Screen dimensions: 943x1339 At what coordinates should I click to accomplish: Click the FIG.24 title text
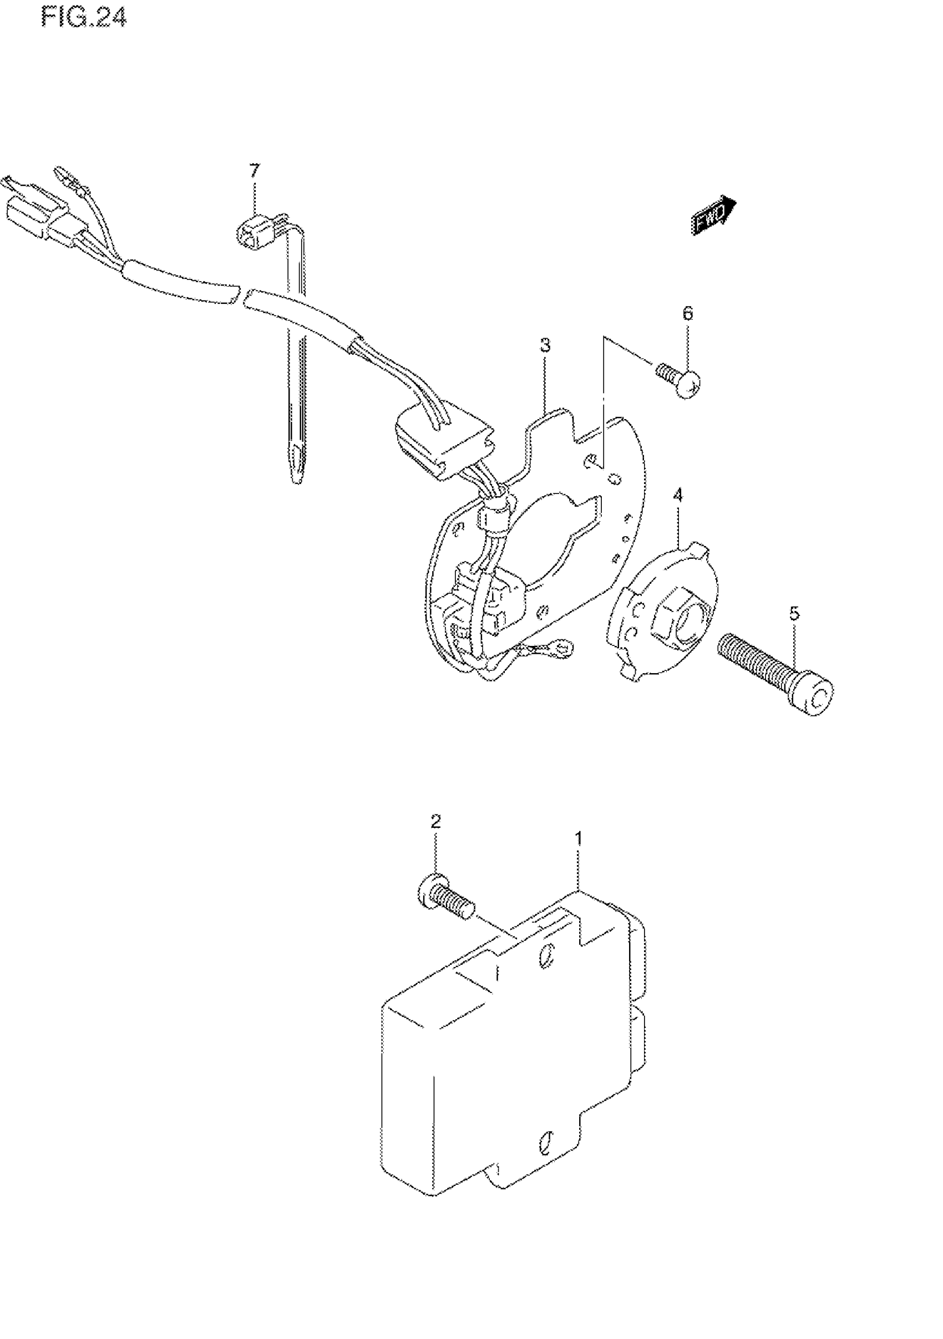click(84, 18)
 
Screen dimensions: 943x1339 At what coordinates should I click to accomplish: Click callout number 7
click(254, 171)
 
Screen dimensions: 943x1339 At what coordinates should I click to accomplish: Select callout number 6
click(687, 314)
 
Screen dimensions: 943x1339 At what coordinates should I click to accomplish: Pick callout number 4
click(677, 495)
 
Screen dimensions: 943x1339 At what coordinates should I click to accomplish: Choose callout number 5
click(795, 614)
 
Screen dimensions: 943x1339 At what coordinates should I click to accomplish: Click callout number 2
click(435, 822)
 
